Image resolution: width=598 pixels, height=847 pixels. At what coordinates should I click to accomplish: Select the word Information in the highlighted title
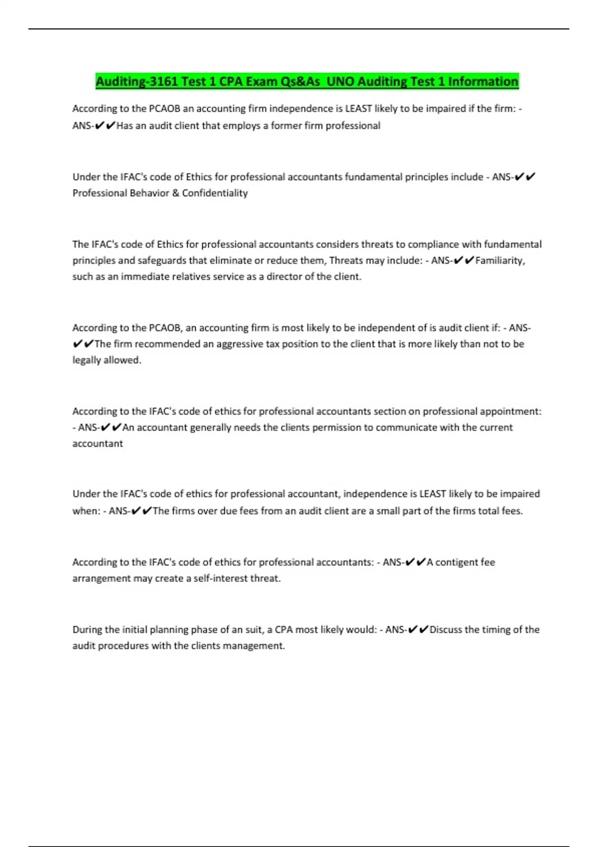pos(483,81)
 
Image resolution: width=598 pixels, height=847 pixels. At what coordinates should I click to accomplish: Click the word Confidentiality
pos(215,193)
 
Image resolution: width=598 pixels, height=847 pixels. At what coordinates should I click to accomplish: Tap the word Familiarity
pos(499,260)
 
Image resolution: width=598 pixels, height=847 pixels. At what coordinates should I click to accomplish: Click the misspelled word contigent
pos(456,562)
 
